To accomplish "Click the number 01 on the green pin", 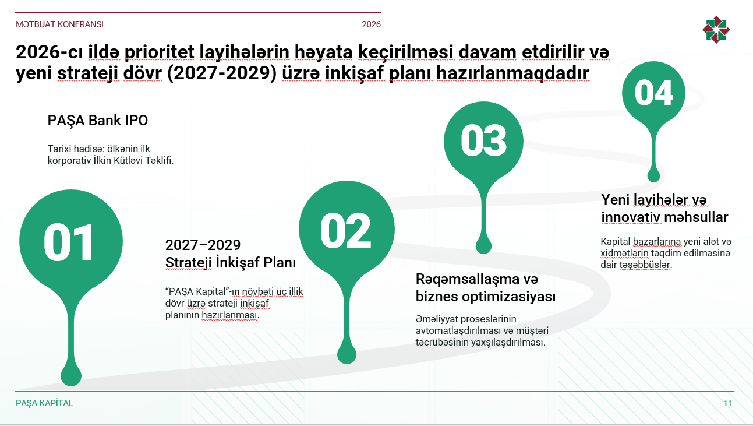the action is click(x=69, y=242).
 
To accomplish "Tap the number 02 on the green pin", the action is click(x=345, y=231).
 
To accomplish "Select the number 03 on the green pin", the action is click(x=483, y=140).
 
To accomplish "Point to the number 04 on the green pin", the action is click(x=653, y=93).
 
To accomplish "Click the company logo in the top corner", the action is click(x=716, y=30).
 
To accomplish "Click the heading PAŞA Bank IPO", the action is click(x=97, y=121).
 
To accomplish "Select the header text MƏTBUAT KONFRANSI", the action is click(x=59, y=24).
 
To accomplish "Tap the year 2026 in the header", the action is click(x=371, y=24).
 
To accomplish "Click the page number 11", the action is click(x=727, y=403).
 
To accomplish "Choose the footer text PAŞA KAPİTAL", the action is click(x=44, y=403).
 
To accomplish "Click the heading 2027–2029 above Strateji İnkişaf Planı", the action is click(x=203, y=245).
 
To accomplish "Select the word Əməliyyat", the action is click(x=437, y=319).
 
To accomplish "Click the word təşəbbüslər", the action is click(x=645, y=265).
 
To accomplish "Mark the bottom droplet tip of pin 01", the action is click(x=71, y=385).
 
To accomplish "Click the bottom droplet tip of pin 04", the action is click(x=653, y=181).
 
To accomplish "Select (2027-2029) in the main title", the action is click(x=222, y=73).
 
